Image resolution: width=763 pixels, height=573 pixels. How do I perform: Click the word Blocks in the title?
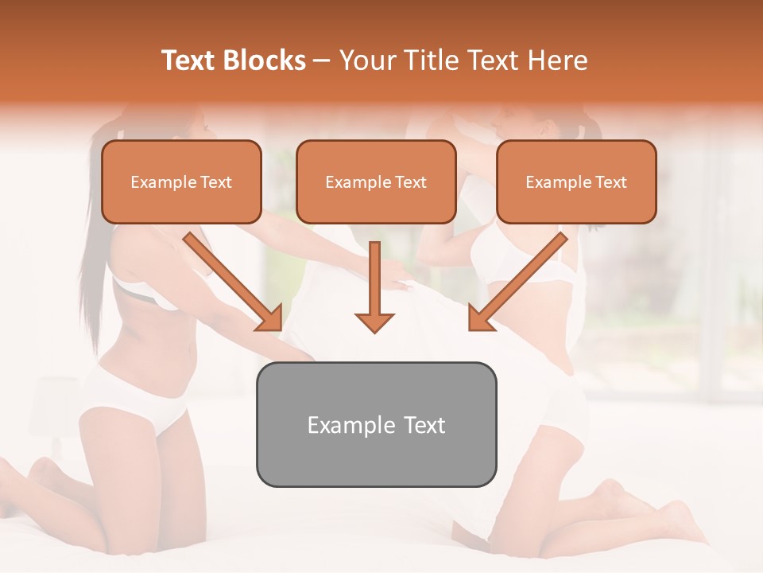click(x=266, y=60)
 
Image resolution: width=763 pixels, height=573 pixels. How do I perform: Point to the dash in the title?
click(x=322, y=61)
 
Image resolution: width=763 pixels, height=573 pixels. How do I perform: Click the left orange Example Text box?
click(x=181, y=181)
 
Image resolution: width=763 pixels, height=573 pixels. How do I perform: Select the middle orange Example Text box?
click(x=376, y=181)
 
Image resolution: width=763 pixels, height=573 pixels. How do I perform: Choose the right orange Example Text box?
click(x=576, y=181)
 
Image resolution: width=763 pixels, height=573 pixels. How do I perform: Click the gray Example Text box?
click(x=376, y=424)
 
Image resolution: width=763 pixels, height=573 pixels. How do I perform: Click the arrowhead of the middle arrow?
click(x=374, y=322)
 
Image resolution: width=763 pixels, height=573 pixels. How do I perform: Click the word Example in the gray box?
click(x=347, y=425)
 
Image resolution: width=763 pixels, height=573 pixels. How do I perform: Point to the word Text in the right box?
click(x=610, y=182)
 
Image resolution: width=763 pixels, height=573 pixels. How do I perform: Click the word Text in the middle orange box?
click(x=410, y=182)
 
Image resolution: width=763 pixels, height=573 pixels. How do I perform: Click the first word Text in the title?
click(x=189, y=60)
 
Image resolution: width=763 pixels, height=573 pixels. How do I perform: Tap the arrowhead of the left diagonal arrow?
click(x=271, y=319)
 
